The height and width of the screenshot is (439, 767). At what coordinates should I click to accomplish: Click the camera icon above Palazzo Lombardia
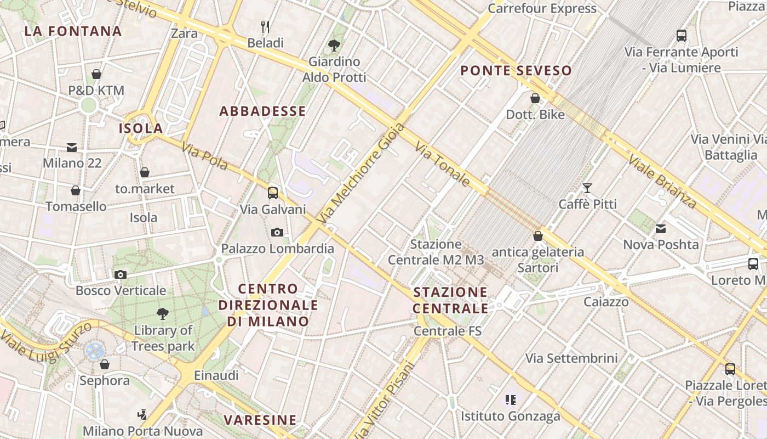(277, 232)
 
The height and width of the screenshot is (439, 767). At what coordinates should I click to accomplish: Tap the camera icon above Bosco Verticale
(121, 274)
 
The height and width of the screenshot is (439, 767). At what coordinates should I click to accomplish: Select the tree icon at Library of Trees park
(162, 314)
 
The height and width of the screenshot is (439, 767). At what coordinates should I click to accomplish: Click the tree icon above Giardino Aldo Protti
(334, 45)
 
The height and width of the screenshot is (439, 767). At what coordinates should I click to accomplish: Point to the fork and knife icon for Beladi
(265, 26)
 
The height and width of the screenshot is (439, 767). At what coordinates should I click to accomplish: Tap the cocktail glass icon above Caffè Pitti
(587, 188)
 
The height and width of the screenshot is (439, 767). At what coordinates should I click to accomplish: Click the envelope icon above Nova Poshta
(661, 228)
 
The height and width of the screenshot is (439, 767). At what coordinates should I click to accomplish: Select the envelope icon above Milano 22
(72, 147)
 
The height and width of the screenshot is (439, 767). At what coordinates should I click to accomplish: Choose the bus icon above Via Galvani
(273, 193)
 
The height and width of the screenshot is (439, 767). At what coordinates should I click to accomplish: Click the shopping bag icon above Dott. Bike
(535, 98)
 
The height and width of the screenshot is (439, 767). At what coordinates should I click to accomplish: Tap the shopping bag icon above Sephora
(105, 364)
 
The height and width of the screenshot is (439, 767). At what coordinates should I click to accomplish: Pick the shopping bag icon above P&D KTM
(96, 74)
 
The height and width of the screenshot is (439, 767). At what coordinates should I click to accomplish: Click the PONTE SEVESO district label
(516, 70)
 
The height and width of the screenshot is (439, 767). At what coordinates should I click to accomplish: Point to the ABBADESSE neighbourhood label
(263, 111)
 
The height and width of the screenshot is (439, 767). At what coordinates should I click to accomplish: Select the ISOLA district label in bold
(141, 128)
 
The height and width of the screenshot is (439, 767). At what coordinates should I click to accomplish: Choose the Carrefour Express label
(542, 8)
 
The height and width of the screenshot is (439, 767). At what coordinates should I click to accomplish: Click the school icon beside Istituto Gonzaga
(511, 400)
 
